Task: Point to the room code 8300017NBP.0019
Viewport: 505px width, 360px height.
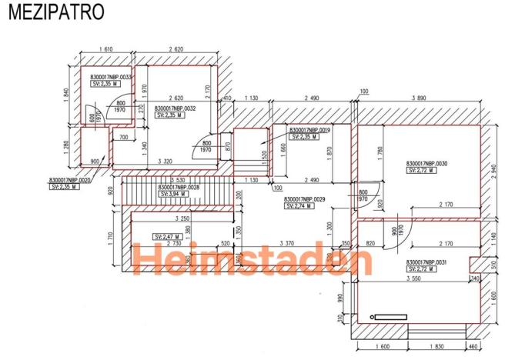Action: (x=309, y=130)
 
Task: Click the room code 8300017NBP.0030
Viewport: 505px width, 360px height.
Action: (x=426, y=164)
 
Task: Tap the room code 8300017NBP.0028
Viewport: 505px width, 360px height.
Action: (x=179, y=187)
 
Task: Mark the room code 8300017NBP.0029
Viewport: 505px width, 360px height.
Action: (x=305, y=199)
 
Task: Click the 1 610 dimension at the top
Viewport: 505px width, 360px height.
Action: (x=107, y=49)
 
